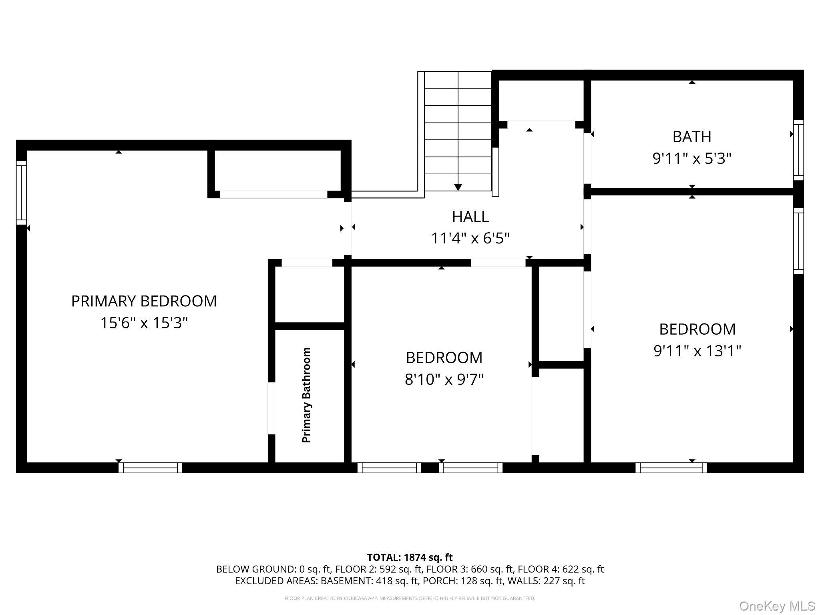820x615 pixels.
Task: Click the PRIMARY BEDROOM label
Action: pyautogui.click(x=144, y=301)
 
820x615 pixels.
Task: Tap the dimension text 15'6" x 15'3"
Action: pyautogui.click(x=144, y=323)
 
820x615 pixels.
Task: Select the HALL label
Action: pyautogui.click(x=470, y=217)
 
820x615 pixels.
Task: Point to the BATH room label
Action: pyautogui.click(x=691, y=137)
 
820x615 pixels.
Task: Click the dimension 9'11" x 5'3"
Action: pyautogui.click(x=691, y=159)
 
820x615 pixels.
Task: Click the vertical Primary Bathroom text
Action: pyautogui.click(x=306, y=395)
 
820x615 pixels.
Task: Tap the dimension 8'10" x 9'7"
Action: pyautogui.click(x=444, y=379)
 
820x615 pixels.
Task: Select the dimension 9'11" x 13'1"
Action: pyautogui.click(x=697, y=351)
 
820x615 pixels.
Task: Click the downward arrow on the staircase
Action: pyautogui.click(x=458, y=187)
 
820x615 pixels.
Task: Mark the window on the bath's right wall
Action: pyautogui.click(x=798, y=150)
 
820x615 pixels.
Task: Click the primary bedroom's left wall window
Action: pyautogui.click(x=21, y=193)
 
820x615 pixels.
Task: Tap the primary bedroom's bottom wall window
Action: pyautogui.click(x=150, y=468)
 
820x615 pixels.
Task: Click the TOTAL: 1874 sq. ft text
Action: pyautogui.click(x=410, y=557)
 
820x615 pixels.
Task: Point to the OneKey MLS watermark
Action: pyautogui.click(x=777, y=606)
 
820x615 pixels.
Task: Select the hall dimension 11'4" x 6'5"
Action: pyautogui.click(x=470, y=239)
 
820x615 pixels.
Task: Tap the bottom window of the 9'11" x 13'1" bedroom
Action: pyautogui.click(x=671, y=468)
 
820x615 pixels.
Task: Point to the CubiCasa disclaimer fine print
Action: pyautogui.click(x=410, y=599)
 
